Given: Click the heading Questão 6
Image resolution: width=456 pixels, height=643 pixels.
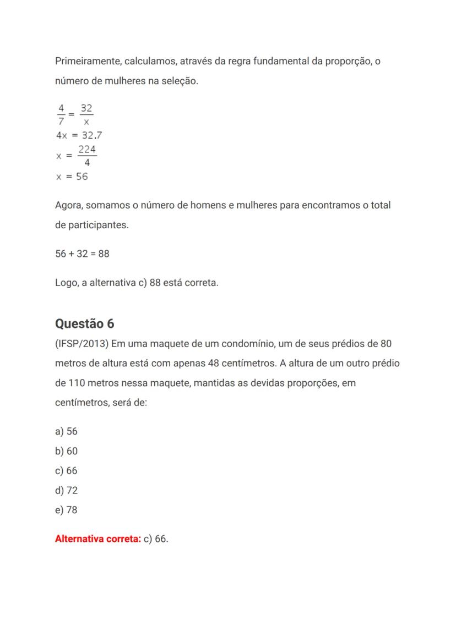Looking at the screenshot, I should (85, 323).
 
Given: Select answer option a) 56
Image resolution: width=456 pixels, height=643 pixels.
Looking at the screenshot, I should (66, 432).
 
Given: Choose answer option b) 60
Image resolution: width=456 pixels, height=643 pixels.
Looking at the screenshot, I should (66, 451).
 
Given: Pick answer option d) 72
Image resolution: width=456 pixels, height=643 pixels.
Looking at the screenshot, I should (66, 491).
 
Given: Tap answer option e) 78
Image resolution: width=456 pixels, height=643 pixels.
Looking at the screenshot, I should (66, 510).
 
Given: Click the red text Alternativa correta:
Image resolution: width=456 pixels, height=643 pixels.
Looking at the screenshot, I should (98, 539).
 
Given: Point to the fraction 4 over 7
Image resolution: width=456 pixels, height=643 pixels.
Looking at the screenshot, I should (61, 114).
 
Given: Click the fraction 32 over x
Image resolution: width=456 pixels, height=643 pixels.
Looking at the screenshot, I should (86, 114).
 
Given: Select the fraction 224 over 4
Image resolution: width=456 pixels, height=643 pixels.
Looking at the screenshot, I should (87, 156).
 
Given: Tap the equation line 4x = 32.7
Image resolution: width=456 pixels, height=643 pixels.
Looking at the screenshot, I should (79, 135).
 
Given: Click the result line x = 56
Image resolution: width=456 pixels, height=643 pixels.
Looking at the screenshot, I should (72, 177).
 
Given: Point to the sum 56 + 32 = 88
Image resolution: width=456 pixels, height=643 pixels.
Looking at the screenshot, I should (82, 254).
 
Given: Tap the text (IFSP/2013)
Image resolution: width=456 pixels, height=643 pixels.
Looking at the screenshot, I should (82, 344).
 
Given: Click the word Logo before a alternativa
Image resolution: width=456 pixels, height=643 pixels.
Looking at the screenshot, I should (66, 283).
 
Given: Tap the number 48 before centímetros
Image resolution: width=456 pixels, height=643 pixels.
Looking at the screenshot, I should (215, 363).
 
